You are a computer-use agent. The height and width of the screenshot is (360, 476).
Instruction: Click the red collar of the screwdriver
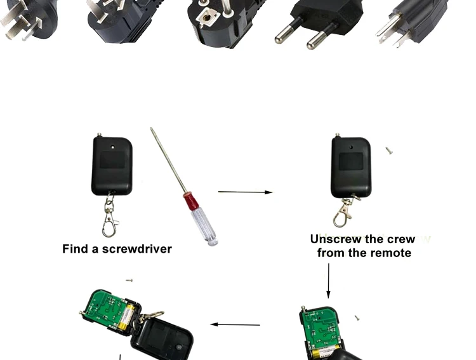[x=190, y=201]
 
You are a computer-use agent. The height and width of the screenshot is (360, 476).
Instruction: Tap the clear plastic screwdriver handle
[x=204, y=225]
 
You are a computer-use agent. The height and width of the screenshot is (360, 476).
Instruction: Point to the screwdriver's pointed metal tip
[x=151, y=129]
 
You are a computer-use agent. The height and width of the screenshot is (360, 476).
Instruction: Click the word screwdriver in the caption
[x=137, y=249]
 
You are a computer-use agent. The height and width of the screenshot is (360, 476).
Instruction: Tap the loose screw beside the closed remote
[x=389, y=150]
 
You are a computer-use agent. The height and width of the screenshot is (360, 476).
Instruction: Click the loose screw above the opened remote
[x=129, y=280]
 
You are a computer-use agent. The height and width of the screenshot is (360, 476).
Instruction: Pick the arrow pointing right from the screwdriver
[x=245, y=192]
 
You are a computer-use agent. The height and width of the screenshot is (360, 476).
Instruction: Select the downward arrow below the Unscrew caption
[x=328, y=281]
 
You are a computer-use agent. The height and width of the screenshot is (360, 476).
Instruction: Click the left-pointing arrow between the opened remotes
[x=235, y=324]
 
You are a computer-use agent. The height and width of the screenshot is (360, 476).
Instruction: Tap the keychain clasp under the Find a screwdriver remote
[x=110, y=215]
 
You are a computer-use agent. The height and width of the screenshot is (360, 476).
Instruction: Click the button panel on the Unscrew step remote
[x=351, y=161]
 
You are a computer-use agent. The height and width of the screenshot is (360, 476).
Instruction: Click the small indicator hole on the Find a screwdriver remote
[x=113, y=147]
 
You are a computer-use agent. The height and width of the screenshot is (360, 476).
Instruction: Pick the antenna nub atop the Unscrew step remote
[x=337, y=135]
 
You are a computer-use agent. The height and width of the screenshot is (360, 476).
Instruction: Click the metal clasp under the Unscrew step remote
[x=345, y=211]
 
